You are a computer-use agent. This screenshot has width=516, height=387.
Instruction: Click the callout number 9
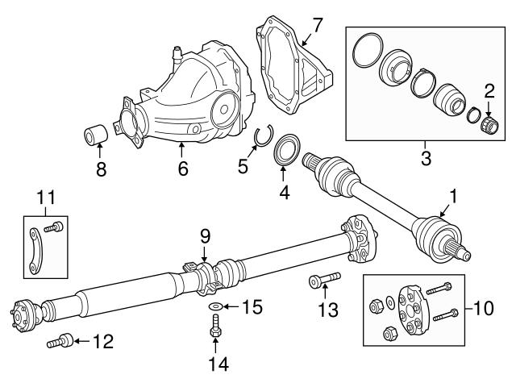pos(205,236)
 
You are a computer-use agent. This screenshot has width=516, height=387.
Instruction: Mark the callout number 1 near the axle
pos(452,195)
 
